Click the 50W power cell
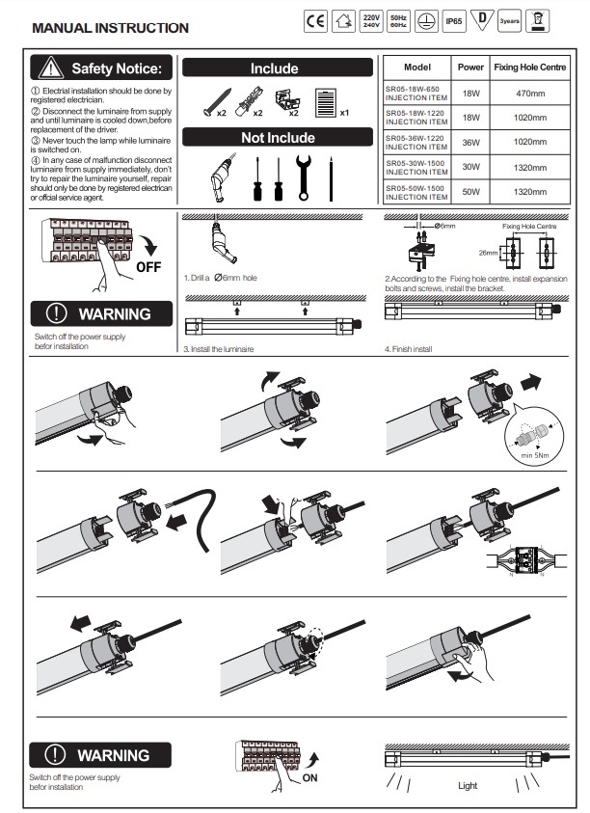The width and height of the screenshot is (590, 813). coord(470,192)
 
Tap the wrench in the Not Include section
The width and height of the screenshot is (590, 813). coord(304,175)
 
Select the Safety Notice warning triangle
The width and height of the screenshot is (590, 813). coord(50,68)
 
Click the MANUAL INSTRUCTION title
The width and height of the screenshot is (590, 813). coord(111,28)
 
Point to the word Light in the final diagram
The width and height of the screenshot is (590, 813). coord(468,786)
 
